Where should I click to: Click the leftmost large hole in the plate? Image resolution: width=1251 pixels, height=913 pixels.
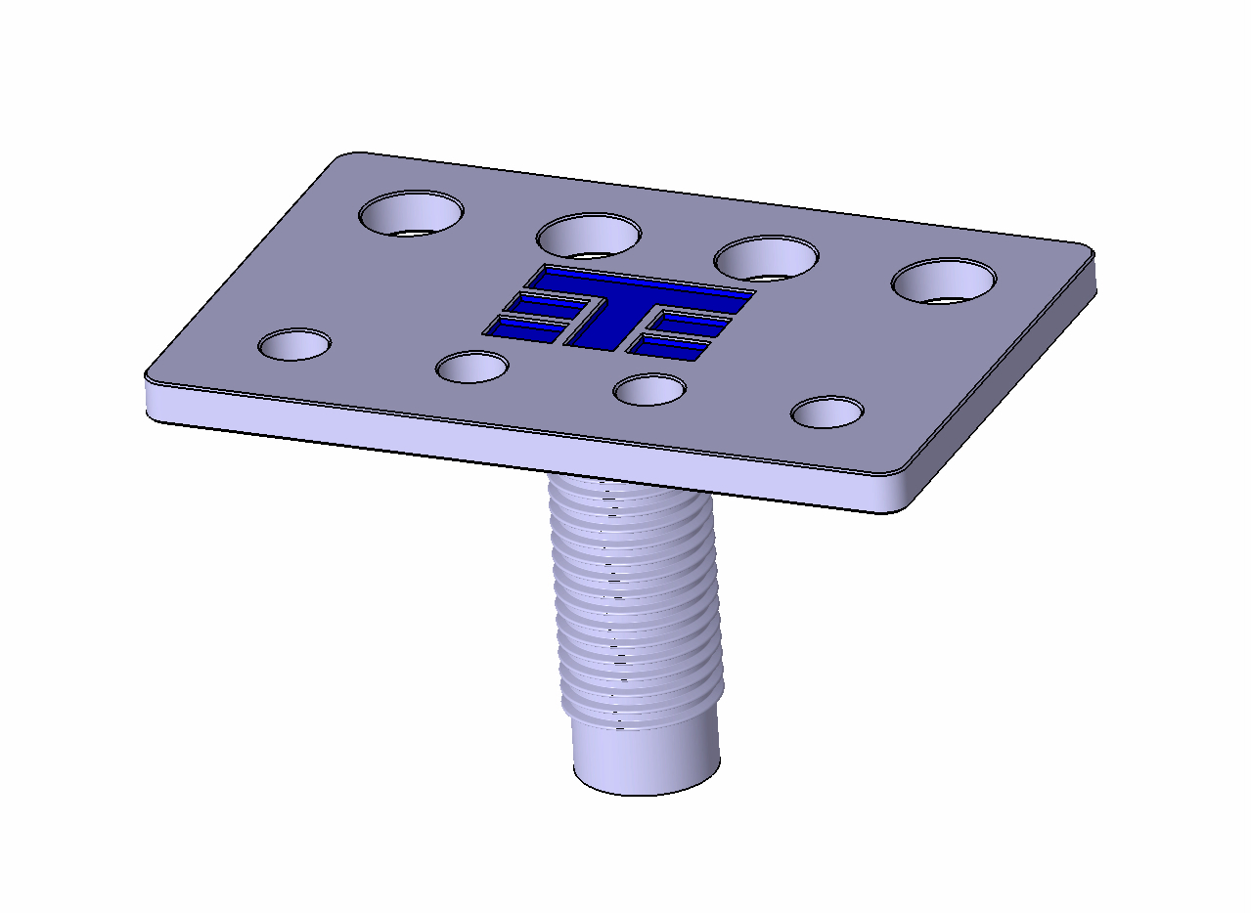pos(412,213)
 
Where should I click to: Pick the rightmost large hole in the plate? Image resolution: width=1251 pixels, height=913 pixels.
pos(944,282)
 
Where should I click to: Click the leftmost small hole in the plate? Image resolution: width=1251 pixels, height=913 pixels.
pos(294,344)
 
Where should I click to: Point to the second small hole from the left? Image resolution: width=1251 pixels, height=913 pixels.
pos(471,368)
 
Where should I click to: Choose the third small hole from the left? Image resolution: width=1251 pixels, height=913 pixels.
pos(648,390)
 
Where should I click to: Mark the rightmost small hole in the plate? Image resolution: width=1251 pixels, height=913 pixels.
pos(827,413)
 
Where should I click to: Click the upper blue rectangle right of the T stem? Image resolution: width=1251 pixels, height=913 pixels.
pos(693,324)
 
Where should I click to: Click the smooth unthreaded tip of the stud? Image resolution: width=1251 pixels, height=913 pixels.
pos(646,758)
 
